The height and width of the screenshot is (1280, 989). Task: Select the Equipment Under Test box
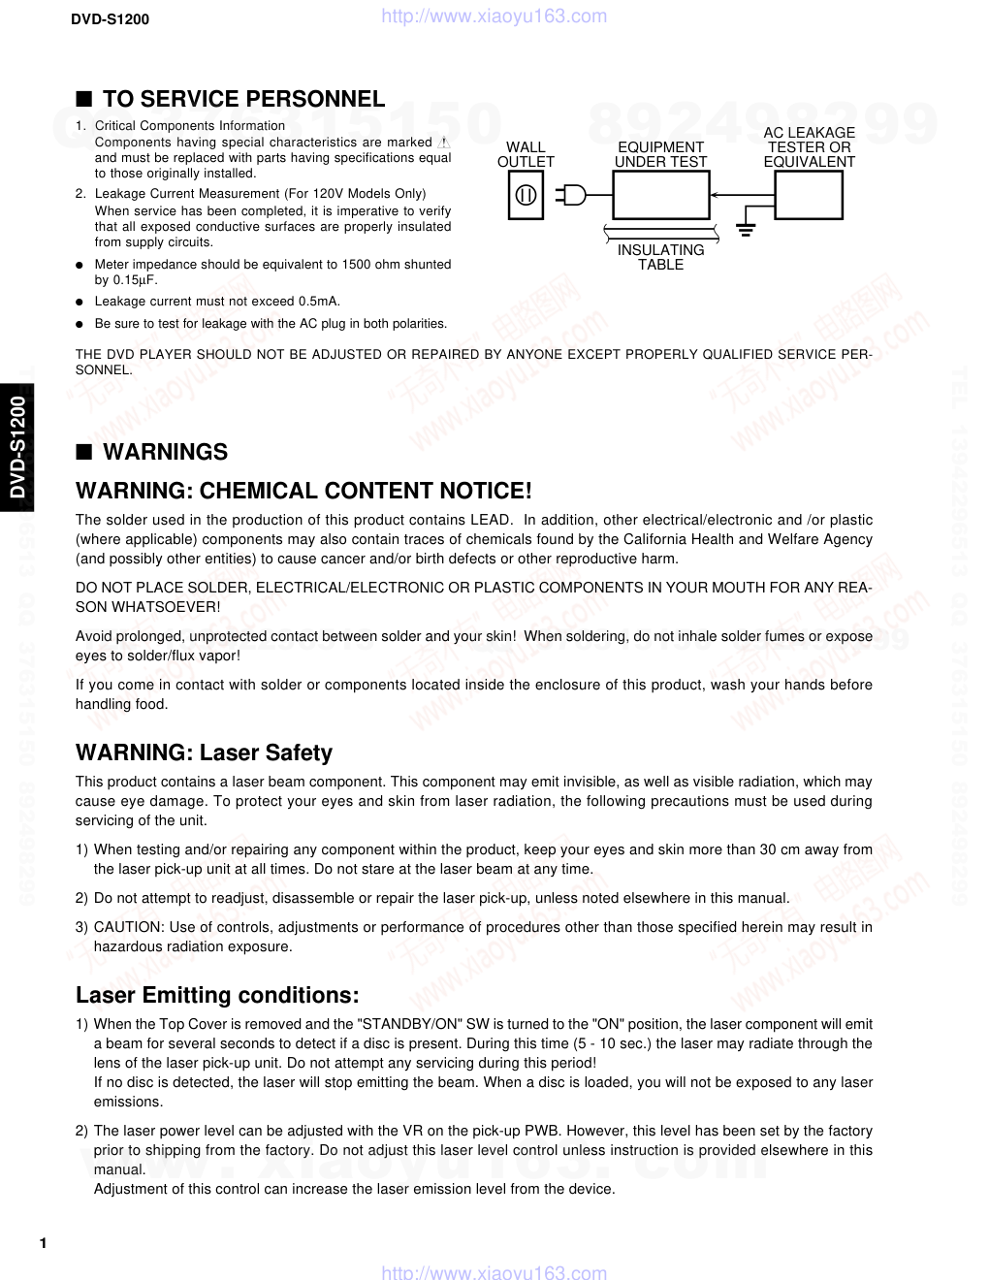[x=661, y=195]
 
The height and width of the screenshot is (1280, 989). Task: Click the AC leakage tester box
[x=809, y=195]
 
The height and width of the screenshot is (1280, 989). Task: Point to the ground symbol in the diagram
[x=745, y=230]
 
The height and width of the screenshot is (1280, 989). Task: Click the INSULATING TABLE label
[x=660, y=257]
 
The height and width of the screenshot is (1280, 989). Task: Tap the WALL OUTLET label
[x=526, y=154]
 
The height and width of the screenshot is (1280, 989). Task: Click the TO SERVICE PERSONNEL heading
[x=243, y=99]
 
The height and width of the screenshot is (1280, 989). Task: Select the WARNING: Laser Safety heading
[x=204, y=752]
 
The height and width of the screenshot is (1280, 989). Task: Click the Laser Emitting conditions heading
[x=217, y=995]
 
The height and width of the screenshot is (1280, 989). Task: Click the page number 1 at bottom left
[x=43, y=1243]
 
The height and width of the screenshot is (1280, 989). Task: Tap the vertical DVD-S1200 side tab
[x=16, y=446]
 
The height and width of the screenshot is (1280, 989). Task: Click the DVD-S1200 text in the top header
[x=110, y=18]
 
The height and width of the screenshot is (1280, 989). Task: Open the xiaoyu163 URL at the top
[x=494, y=16]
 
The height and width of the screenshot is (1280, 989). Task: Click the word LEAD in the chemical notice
[x=490, y=520]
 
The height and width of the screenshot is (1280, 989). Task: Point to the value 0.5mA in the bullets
[x=319, y=302]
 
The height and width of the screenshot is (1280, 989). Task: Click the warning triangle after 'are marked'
[x=444, y=143]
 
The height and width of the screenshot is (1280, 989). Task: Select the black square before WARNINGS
[x=84, y=452]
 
